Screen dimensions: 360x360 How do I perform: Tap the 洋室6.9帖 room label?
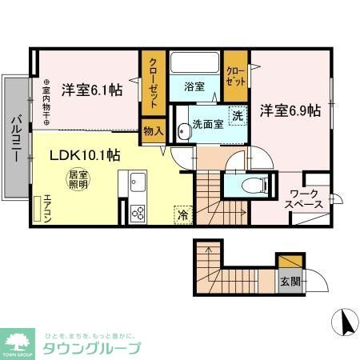[290, 110]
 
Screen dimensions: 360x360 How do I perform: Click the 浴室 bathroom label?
[194, 86]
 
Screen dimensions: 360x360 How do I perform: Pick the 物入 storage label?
[152, 130]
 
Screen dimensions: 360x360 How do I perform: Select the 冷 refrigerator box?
[182, 215]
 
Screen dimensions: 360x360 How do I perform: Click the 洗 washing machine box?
[238, 115]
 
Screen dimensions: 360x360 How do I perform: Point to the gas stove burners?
[138, 214]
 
